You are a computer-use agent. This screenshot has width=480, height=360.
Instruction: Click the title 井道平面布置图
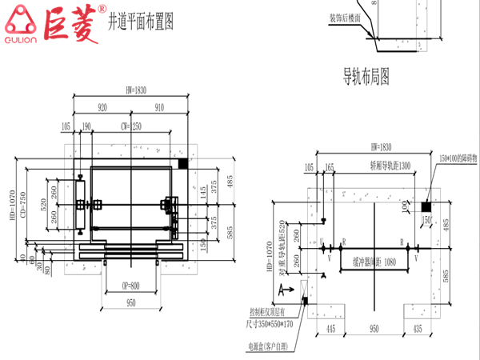[142, 19]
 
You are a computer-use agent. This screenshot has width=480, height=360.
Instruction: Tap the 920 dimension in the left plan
[102, 106]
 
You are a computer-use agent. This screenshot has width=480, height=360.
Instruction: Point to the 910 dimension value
[158, 106]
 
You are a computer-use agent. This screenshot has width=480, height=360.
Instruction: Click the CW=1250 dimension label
[130, 126]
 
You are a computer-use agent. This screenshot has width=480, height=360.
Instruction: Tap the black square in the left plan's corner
[183, 163]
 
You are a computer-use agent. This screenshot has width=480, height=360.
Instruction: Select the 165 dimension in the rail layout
[329, 167]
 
